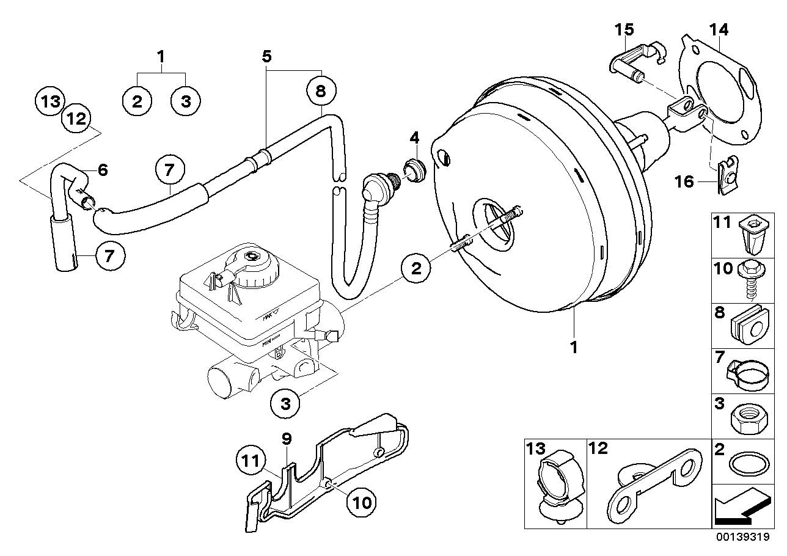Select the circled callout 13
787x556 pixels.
pos(49,101)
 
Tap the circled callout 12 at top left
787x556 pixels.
pos(76,119)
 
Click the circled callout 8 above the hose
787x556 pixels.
pos(321,92)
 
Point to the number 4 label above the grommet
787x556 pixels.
pos(414,136)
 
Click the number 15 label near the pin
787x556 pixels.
pos(624,29)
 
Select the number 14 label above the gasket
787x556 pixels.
pos(719,29)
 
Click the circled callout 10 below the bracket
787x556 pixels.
pos(361,502)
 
